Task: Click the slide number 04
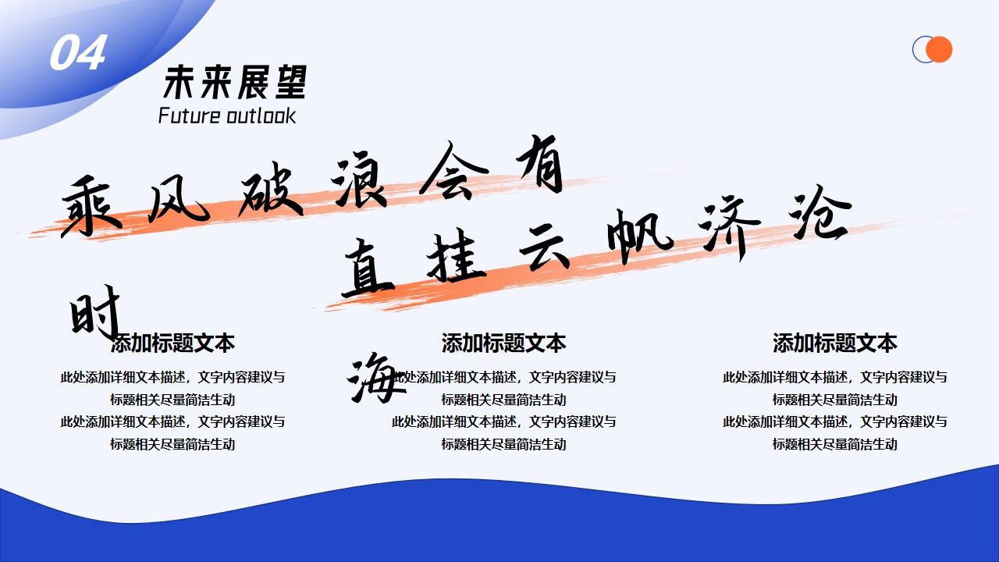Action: (x=77, y=53)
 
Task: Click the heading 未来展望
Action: (x=235, y=82)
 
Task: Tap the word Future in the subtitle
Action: (x=190, y=116)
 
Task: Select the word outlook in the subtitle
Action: (x=261, y=116)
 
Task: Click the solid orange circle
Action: (x=939, y=49)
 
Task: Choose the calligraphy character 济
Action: (x=732, y=226)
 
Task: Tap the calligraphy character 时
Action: (x=95, y=311)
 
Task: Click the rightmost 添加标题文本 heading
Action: (x=834, y=343)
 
